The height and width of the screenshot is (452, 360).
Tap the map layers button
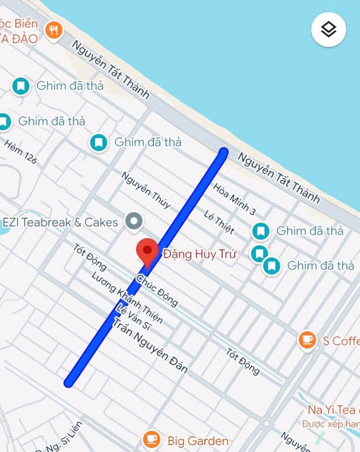pos(328,29)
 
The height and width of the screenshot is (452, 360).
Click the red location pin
pos(147,251)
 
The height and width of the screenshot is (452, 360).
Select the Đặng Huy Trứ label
pos(199,254)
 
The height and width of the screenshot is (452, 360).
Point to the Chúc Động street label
pos(157,290)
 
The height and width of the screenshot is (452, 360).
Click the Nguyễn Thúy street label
pos(146,190)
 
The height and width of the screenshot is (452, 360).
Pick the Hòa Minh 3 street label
pos(234,198)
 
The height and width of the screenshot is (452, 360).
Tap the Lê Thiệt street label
pos(219,222)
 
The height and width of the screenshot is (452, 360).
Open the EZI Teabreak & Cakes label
pos(60,222)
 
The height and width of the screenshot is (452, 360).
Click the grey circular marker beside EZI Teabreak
pos(133,221)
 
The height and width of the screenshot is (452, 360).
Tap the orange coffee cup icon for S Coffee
pos(307,340)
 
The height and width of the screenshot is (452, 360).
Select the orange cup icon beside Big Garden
pos(151,440)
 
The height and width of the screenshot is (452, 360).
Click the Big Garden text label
pos(197,441)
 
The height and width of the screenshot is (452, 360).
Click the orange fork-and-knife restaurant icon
pos(53,30)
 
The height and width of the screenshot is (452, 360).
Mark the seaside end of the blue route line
pos(223,152)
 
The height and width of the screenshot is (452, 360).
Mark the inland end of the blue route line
pos(69,383)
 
